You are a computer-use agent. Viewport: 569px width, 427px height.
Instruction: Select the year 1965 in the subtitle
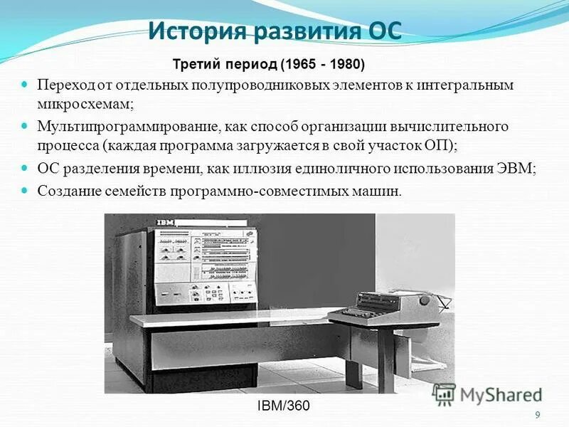click(x=298, y=65)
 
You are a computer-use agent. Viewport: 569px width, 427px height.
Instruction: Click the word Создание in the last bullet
click(x=66, y=191)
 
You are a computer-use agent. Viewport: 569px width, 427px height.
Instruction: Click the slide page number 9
click(x=537, y=416)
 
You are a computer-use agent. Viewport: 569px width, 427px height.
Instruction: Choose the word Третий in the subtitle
click(x=194, y=65)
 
